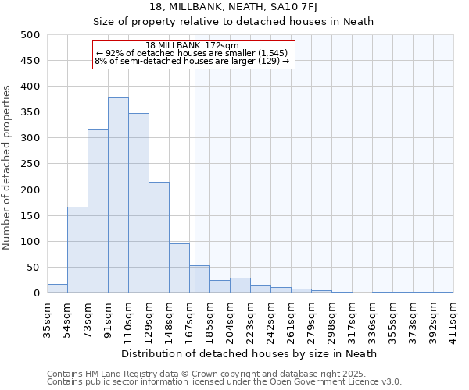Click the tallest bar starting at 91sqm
(118, 195)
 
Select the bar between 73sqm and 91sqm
(98, 211)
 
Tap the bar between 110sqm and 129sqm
(138, 203)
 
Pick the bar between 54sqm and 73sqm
(77, 250)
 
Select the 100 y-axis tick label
(30, 242)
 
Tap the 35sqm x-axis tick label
(47, 317)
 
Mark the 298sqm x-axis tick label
(331, 317)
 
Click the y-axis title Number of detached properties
(8, 164)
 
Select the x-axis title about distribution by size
(249, 353)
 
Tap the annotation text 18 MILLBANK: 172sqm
(192, 45)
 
